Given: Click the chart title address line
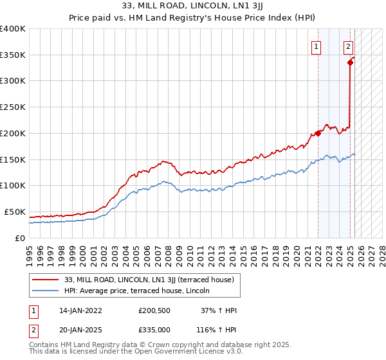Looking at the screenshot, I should [x=193, y=6].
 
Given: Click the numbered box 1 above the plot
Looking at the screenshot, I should [x=317, y=46].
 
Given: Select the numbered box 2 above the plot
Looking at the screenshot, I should [x=348, y=46].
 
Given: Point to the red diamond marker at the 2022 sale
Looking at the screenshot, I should [x=318, y=133].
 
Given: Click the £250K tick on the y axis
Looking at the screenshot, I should [x=13, y=107].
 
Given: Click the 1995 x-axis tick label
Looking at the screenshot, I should [x=30, y=252].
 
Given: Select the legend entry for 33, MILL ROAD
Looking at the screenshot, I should [x=152, y=280].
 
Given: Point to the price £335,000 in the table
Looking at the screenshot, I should [x=154, y=329].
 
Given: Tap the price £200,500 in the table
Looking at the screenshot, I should [x=154, y=310].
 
